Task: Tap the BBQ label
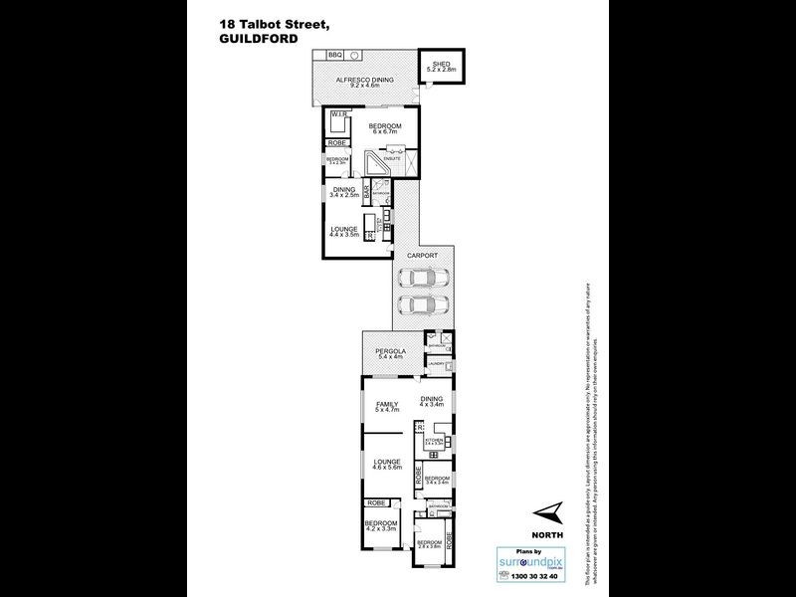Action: (334, 54)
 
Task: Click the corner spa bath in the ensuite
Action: (376, 161)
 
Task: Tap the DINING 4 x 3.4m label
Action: (429, 403)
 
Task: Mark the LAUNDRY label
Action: (435, 365)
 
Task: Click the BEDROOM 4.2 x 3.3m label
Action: (381, 524)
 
